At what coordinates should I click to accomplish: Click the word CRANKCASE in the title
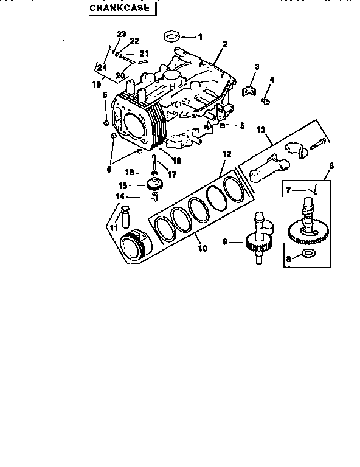tap(119, 9)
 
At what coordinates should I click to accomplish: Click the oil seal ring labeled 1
tap(173, 36)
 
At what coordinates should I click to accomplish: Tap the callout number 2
tap(224, 44)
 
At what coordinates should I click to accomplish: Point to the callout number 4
tap(272, 80)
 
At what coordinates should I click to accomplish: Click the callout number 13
tap(261, 130)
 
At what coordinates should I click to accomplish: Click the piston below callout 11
tap(138, 245)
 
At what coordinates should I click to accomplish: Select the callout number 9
tap(226, 242)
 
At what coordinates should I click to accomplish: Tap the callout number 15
tap(122, 185)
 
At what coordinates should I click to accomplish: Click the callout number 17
tap(172, 175)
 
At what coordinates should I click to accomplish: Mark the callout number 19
tap(96, 85)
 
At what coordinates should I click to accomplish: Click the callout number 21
tap(145, 53)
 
